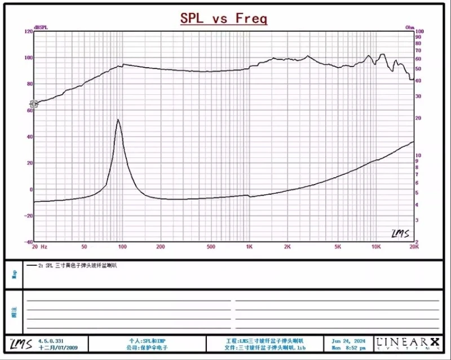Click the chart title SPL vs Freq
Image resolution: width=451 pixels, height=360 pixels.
tap(224, 19)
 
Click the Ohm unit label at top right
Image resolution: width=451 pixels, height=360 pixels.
tap(410, 27)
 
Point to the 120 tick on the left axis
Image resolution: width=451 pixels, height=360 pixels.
tap(28, 32)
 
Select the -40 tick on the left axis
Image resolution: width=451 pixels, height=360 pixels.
tap(28, 242)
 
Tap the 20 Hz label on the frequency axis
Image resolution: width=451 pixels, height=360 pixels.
tap(39, 247)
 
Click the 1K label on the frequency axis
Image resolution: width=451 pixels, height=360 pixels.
tap(249, 247)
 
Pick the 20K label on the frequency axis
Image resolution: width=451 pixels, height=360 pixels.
tap(413, 247)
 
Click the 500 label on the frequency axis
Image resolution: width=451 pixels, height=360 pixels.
tap(211, 247)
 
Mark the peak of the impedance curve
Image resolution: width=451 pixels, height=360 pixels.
tap(118, 120)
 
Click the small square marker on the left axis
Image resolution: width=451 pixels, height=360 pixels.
tap(33, 104)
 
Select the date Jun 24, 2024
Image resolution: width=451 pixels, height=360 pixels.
tap(348, 341)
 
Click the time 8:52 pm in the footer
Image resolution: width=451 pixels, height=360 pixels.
tap(355, 348)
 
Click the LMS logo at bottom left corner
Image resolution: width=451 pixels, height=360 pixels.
tap(17, 343)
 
